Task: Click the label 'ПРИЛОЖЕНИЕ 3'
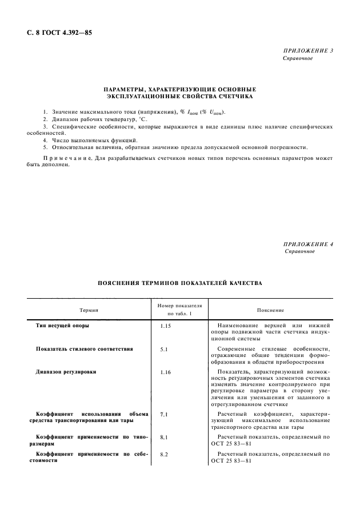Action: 308,51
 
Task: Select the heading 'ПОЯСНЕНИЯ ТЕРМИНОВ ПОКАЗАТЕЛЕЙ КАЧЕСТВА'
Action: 180,282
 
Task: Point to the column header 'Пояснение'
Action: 270,310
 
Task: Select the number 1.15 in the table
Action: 166,326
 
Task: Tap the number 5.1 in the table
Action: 165,348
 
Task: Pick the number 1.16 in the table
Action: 166,372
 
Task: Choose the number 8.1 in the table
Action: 165,437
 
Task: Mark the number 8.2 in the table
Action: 165,454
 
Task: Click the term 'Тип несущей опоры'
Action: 63,325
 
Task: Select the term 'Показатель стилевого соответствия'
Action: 85,348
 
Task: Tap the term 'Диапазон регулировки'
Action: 66,371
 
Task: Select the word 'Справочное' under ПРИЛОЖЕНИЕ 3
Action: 298,59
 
